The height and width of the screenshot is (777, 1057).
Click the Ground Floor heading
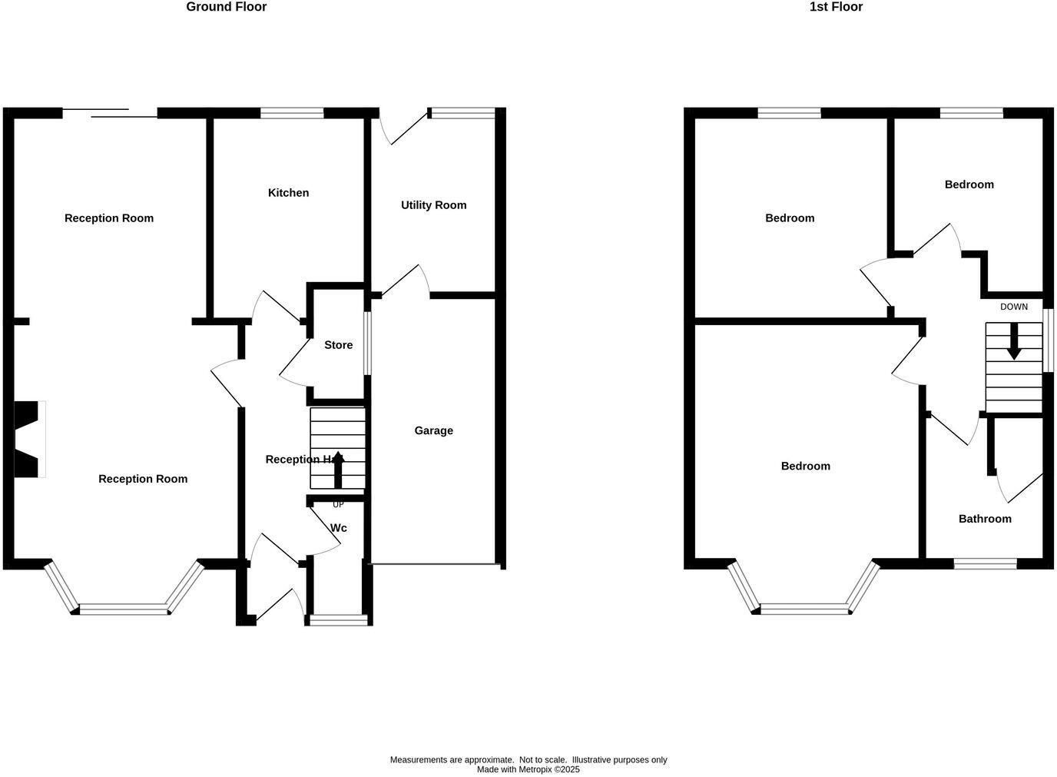coord(226,7)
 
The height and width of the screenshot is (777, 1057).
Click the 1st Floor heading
coord(836,7)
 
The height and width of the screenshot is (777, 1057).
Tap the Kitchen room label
coord(288,193)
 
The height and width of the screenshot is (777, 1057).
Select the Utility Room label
coord(433,205)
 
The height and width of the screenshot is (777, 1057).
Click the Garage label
coord(433,430)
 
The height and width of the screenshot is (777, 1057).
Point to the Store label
coord(338,345)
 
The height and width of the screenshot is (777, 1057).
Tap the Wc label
coord(338,528)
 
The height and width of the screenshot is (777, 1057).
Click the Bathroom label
coord(984,519)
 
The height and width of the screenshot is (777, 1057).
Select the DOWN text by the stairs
coord(1013,307)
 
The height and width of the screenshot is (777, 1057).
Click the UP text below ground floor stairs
coord(338,505)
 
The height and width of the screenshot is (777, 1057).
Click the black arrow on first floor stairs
coord(1013,342)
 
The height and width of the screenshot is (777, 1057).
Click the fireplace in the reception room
coord(29,439)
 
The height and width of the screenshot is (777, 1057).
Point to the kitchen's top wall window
coord(291,113)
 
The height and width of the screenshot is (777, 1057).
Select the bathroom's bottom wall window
coord(985,563)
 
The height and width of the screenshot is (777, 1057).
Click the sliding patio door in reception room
coord(110,114)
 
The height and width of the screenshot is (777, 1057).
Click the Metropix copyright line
coord(528,769)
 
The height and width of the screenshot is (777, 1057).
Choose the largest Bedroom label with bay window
coord(805,467)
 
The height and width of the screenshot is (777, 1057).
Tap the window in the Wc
coord(338,619)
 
